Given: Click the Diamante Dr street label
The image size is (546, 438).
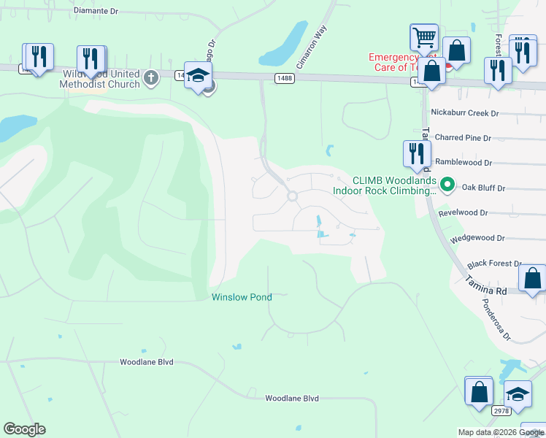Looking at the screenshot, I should pos(96,12).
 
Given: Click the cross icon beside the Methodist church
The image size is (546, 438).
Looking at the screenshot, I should pos(151,77).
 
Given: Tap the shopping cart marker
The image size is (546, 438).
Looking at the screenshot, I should pos(424,37).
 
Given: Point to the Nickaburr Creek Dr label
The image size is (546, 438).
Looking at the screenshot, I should pos(464,113).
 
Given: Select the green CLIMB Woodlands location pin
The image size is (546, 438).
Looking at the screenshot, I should pos(448,185).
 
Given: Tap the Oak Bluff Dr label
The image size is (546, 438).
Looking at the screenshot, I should pos(480,188).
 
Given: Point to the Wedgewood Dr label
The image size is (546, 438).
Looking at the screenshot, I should pos(477,238).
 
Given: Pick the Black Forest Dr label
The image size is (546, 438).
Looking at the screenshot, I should pos(495,264).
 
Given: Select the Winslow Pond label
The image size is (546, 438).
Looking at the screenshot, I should pos(242,297).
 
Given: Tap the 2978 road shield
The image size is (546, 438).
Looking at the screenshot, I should pos(500,411).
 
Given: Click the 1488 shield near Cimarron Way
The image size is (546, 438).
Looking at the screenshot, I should pos(284,77).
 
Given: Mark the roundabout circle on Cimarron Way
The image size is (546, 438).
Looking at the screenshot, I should pos(293,196).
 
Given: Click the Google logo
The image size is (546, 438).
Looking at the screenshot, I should pos(24,429).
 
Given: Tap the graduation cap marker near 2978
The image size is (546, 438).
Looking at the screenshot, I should pos(518,395).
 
